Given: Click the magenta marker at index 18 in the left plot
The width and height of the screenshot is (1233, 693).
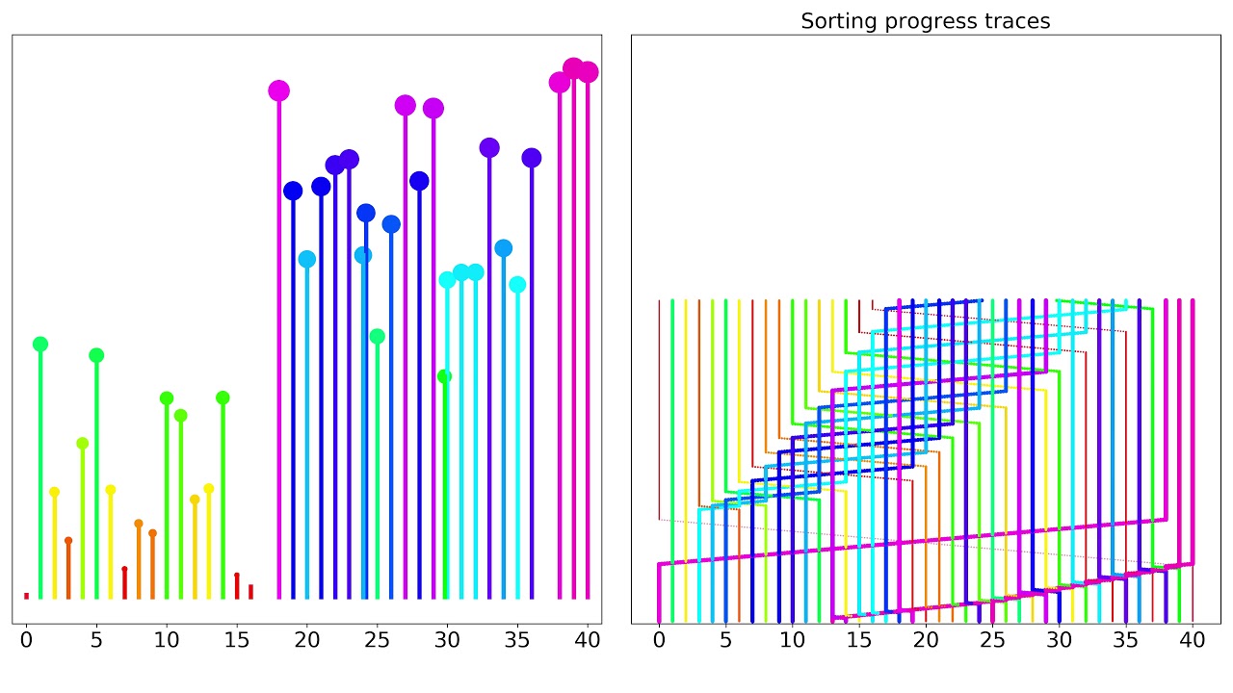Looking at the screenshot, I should pos(278,90).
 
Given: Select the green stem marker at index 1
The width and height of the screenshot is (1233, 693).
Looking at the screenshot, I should pos(40,344).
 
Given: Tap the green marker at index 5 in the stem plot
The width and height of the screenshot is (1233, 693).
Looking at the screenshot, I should pos(96,355).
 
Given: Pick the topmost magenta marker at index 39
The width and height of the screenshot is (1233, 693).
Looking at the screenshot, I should pos(573,68).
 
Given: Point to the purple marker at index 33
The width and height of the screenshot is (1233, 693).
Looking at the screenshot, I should pos(489,147).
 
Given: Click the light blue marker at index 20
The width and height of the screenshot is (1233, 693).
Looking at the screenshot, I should pos(307,259).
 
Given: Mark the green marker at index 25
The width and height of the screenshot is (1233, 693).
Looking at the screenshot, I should pos(378,336).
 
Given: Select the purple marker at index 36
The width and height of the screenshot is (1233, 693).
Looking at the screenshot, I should pos(532,157).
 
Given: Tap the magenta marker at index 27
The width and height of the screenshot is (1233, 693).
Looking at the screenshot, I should pos(406,105).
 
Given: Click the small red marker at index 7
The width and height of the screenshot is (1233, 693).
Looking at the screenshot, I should pos(124,569).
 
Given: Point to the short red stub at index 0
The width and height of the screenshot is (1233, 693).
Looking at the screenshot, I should pos(26,596).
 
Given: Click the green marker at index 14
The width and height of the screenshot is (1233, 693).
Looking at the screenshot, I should pos(223,398).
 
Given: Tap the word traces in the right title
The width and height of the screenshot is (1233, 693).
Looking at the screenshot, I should pos(1017,21).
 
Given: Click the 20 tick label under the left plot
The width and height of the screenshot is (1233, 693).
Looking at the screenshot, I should pos(307,638).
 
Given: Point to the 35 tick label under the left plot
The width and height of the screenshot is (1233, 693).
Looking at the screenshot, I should pos(517,638).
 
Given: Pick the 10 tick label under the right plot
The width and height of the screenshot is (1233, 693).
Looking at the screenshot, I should pos(792,638).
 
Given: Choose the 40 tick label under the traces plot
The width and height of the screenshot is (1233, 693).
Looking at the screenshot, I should pos(1193,638).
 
